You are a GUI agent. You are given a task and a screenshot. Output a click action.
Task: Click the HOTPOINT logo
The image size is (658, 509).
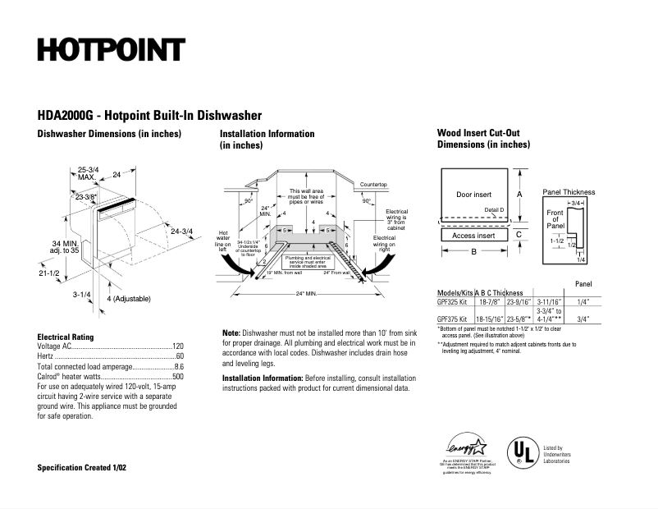[x=110, y=50]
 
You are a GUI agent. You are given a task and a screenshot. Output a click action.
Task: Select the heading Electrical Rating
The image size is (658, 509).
[x=66, y=337]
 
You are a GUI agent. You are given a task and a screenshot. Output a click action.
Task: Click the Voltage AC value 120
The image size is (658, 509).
[x=177, y=347]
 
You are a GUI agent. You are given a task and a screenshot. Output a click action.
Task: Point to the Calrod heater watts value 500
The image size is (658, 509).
[x=177, y=377]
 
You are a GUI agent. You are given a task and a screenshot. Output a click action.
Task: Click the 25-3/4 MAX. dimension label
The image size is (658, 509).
[x=88, y=173]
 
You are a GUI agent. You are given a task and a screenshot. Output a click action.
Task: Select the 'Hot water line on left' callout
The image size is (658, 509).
[x=222, y=238]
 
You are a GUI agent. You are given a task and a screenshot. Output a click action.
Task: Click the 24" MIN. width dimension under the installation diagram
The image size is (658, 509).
[x=308, y=293]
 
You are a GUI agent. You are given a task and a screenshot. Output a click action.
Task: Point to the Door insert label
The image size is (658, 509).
[x=473, y=195]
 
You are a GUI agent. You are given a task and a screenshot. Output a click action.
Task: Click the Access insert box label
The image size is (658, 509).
[x=473, y=236]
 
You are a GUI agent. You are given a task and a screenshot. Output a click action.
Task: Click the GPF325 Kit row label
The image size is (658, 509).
[x=452, y=301]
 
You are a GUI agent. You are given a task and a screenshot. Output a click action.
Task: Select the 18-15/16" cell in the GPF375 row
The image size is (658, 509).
[x=490, y=318]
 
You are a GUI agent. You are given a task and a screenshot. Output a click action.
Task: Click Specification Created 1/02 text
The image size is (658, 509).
[x=82, y=467]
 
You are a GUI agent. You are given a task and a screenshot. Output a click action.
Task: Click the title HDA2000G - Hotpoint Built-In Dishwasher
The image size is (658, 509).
[x=149, y=116]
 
